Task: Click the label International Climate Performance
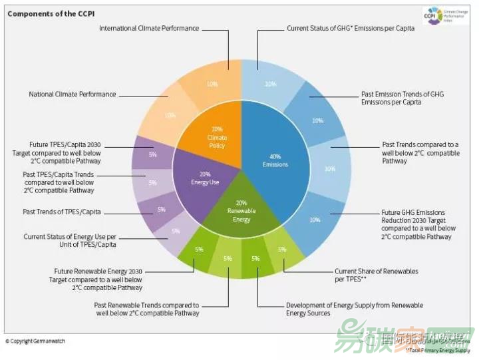click(149, 29)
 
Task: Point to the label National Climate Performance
click(73, 94)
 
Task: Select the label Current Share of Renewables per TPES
click(377, 275)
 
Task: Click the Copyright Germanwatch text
click(35, 341)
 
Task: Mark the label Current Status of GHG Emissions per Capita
click(351, 29)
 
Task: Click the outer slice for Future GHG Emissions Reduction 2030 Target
click(315, 220)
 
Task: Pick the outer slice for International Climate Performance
click(213, 84)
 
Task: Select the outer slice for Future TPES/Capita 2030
click(152, 154)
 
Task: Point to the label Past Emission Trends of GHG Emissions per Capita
click(402, 98)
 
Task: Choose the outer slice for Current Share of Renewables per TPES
click(282, 250)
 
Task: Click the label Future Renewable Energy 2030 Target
click(98, 279)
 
